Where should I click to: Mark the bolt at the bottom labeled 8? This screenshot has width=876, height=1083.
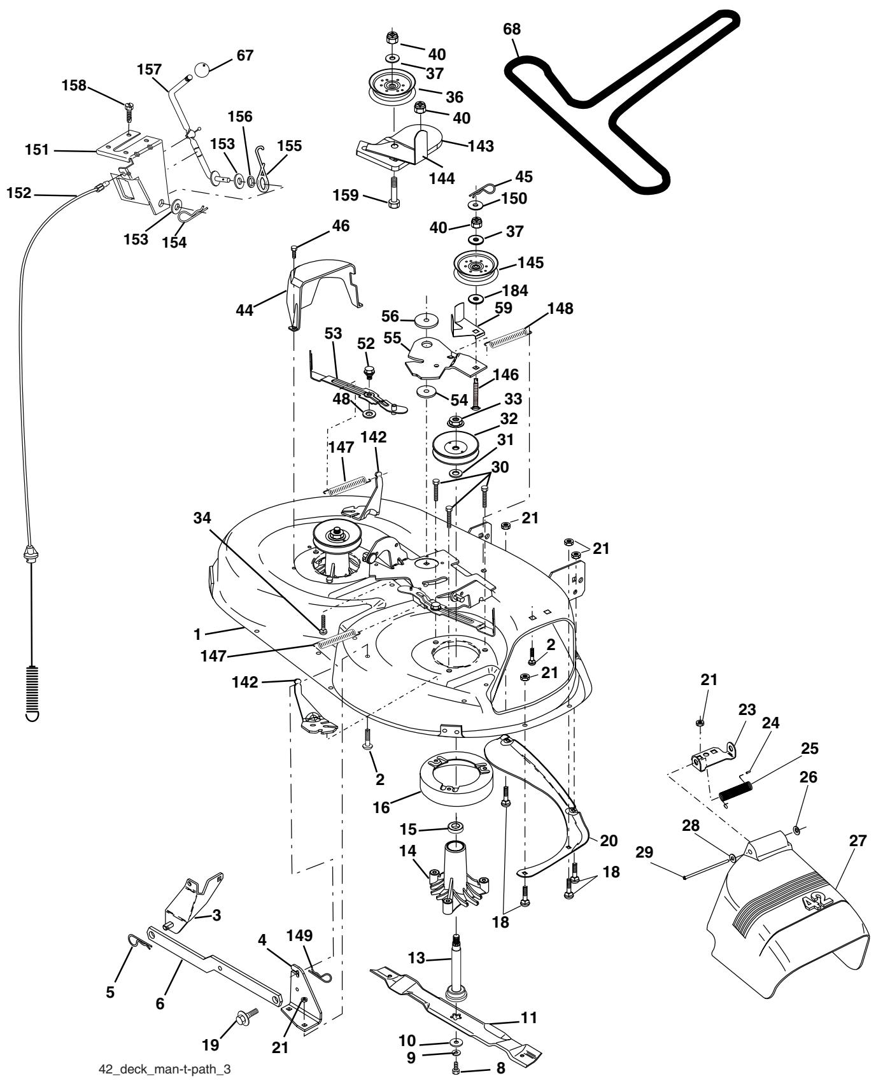(x=456, y=1070)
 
